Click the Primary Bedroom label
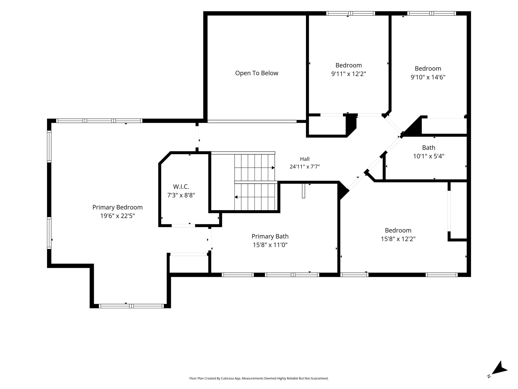pyautogui.click(x=117, y=207)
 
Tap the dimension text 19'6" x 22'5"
pyautogui.click(x=117, y=216)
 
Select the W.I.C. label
pyautogui.click(x=181, y=187)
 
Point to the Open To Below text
pyautogui.click(x=257, y=73)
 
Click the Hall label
pyautogui.click(x=305, y=159)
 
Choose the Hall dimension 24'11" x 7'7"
pyautogui.click(x=305, y=167)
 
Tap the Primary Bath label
pyautogui.click(x=270, y=236)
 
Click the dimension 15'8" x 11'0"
pyautogui.click(x=270, y=245)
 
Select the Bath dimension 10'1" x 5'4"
pyautogui.click(x=429, y=156)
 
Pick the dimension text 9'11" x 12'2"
pyautogui.click(x=349, y=74)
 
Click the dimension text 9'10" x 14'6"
pyautogui.click(x=428, y=77)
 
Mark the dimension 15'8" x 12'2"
pyautogui.click(x=398, y=239)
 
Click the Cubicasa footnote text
pyautogui.click(x=259, y=378)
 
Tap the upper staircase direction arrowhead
pyautogui.click(x=273, y=168)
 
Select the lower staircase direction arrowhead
pyautogui.click(x=236, y=197)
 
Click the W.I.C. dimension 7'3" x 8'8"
pyautogui.click(x=181, y=195)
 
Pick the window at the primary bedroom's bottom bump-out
pyautogui.click(x=131, y=306)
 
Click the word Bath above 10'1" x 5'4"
pyautogui.click(x=429, y=147)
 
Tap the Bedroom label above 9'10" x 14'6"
pyautogui.click(x=428, y=68)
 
